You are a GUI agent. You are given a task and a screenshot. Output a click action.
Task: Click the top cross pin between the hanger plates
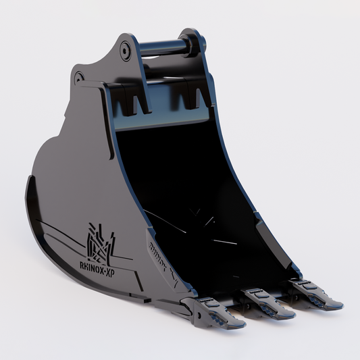[x=162, y=47]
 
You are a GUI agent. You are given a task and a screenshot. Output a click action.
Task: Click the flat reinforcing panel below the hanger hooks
[x=162, y=122]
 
